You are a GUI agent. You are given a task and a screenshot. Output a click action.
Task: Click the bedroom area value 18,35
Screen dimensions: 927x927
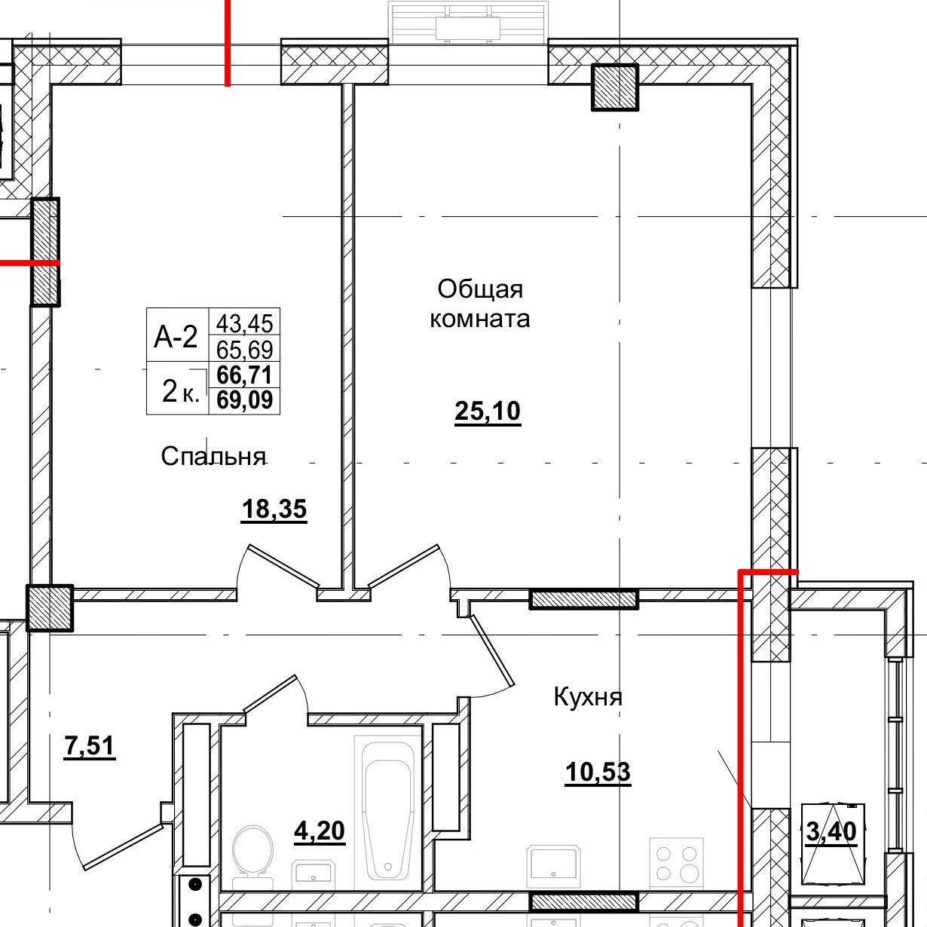pyautogui.click(x=274, y=509)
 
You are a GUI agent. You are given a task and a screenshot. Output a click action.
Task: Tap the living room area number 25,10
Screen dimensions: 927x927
pyautogui.click(x=488, y=411)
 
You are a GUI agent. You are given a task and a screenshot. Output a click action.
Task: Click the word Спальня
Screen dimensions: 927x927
pyautogui.click(x=213, y=457)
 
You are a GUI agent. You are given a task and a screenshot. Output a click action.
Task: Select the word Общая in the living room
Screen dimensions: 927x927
pyautogui.click(x=479, y=290)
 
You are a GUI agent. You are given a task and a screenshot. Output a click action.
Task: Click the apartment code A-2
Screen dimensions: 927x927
pyautogui.click(x=176, y=337)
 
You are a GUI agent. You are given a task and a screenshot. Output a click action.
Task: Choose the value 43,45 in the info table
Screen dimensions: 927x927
pyautogui.click(x=244, y=323)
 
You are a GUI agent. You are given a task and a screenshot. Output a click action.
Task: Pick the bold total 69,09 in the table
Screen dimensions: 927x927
pyautogui.click(x=244, y=399)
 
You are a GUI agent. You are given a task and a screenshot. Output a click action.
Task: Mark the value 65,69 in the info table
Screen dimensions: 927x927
pyautogui.click(x=244, y=350)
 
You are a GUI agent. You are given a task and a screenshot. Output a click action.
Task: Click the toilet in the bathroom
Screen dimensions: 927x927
pyautogui.click(x=253, y=856)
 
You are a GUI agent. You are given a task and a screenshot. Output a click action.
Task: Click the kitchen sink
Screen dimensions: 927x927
pyautogui.click(x=553, y=867)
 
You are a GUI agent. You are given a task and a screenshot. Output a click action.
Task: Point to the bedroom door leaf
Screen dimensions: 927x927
pyautogui.click(x=283, y=566)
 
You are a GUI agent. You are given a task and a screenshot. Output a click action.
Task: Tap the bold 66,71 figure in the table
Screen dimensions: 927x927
pyautogui.click(x=244, y=375)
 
